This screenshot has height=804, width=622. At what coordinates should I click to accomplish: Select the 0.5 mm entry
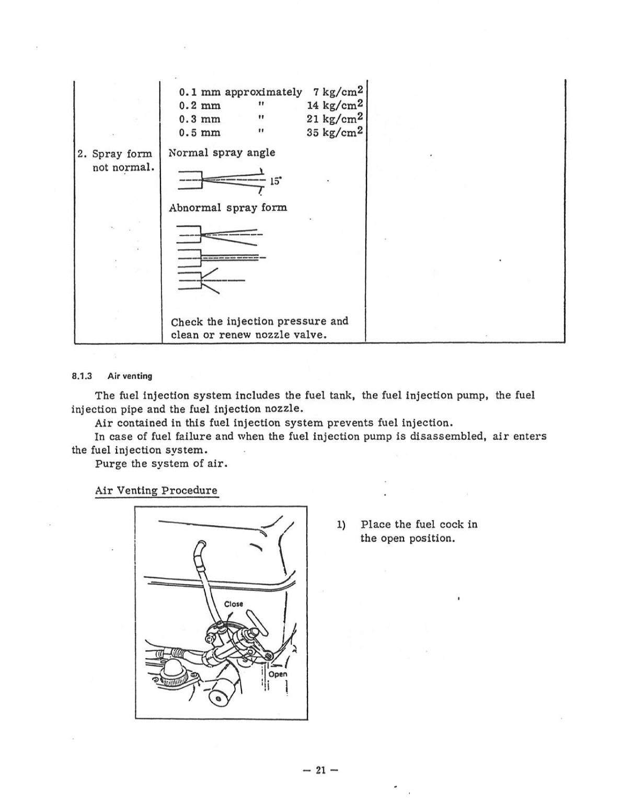pos(199,133)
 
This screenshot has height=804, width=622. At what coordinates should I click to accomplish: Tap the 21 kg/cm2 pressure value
pos(335,119)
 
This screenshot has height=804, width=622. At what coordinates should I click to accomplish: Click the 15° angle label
pos(275,182)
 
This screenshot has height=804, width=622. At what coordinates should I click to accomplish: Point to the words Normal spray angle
pos(222,153)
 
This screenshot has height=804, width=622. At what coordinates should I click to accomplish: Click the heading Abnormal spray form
pos(228,208)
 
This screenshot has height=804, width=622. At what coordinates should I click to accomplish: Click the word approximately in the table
pos(263,92)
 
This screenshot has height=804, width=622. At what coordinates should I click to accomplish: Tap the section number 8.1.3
pos(82,376)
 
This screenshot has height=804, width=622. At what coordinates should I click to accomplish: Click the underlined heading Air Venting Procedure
pos(156,491)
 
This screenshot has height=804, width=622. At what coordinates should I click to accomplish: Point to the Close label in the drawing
pos(234,604)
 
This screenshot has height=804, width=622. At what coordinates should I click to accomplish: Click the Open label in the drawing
pos(278,674)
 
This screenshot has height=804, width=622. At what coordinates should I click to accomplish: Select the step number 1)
pos(341,525)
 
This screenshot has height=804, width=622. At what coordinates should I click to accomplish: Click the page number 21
pos(320,770)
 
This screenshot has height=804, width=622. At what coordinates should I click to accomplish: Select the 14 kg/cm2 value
pos(335,105)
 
